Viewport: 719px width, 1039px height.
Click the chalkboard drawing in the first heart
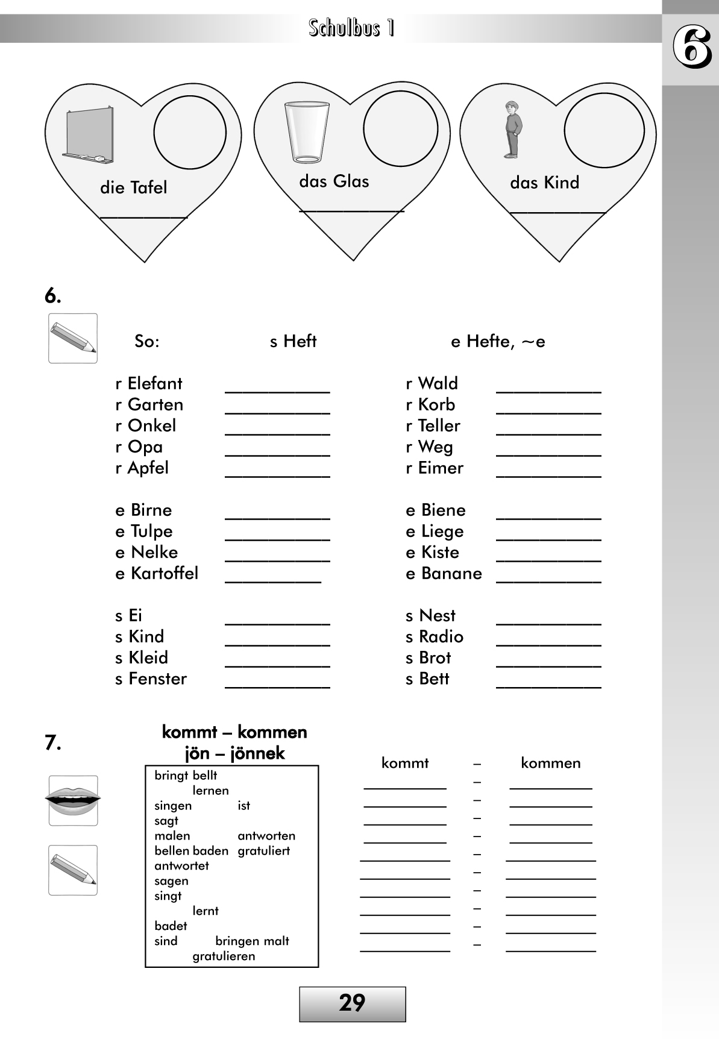(88, 135)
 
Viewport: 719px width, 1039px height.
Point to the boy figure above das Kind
(512, 130)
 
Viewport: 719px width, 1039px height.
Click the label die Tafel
(133, 187)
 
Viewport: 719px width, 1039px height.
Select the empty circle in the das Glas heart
(400, 128)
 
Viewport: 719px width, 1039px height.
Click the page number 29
(352, 1003)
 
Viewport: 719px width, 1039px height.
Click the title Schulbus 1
(351, 28)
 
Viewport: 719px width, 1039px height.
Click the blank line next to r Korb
(548, 413)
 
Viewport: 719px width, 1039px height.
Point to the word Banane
(451, 573)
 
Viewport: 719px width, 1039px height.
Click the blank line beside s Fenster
(277, 687)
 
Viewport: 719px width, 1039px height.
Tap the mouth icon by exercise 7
(73, 800)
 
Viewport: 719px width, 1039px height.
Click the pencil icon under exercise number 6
(73, 338)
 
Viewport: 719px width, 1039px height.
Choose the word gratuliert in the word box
(263, 851)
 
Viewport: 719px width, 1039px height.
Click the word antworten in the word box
(266, 836)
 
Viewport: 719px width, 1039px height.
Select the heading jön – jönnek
(234, 753)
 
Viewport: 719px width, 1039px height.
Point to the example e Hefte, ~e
(498, 342)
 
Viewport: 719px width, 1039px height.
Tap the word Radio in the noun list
(441, 636)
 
